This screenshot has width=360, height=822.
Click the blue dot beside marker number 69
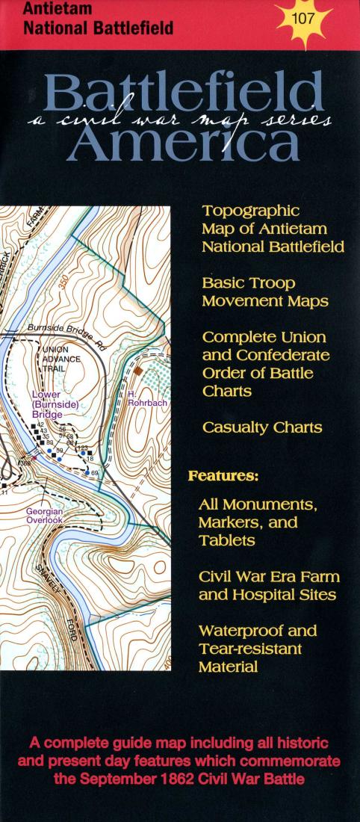click(87, 472)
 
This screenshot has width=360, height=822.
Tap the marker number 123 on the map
click(83, 448)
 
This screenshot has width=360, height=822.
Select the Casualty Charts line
click(261, 428)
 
